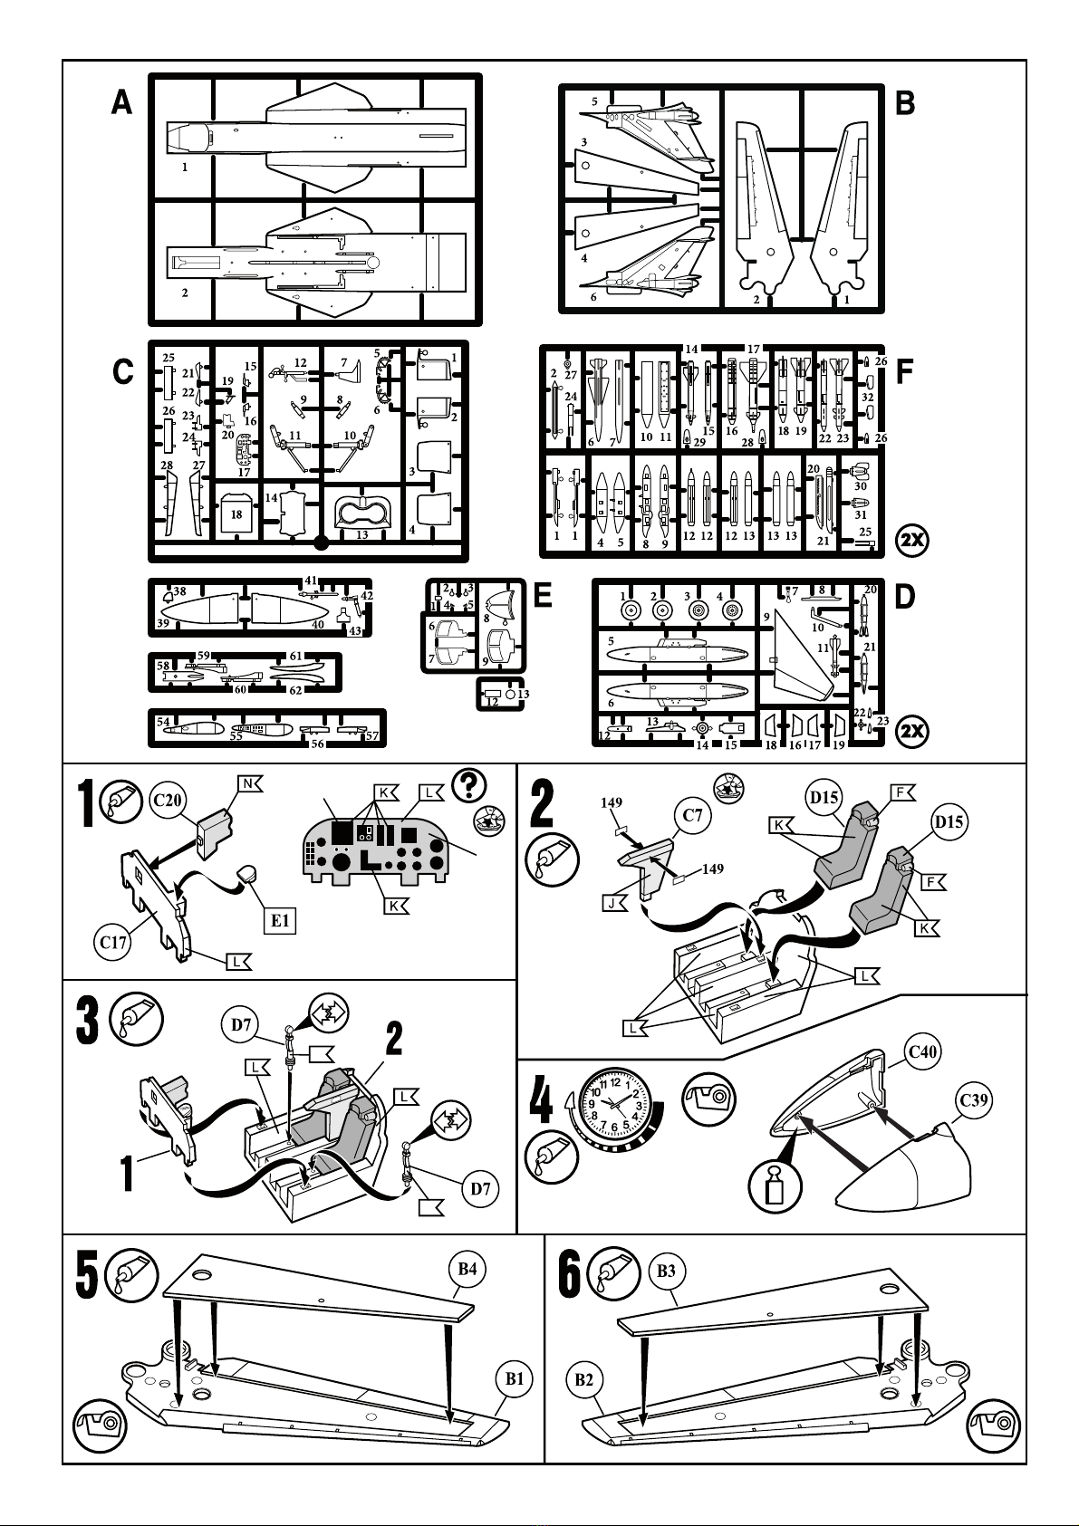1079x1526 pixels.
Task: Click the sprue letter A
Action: pos(122,103)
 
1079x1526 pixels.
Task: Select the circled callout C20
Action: pos(169,801)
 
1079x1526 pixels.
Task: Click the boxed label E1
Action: pos(281,920)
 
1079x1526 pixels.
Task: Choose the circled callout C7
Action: pos(693,815)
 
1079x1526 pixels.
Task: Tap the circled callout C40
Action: pos(922,1051)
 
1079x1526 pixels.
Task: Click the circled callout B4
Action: pos(467,1269)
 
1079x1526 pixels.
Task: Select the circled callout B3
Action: pos(666,1271)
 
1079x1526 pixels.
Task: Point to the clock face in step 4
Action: pos(616,1104)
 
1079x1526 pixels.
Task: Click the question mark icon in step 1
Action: pos(470,785)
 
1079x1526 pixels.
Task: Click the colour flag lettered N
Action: pos(250,782)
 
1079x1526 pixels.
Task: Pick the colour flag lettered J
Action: pos(616,903)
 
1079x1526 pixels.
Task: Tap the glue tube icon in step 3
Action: pos(137,1019)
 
